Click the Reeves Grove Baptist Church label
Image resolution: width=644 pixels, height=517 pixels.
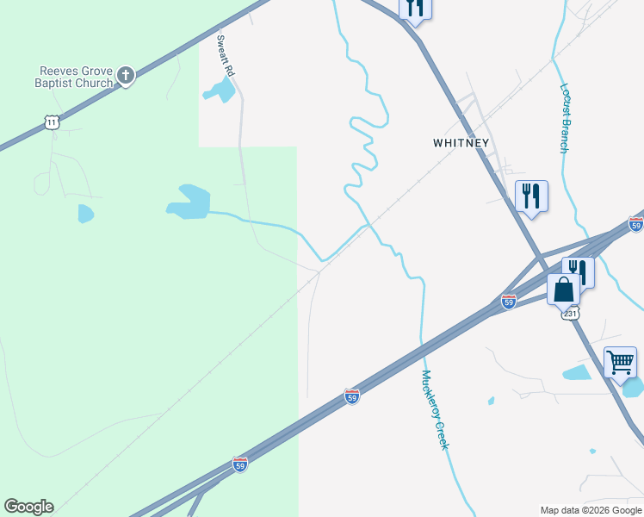pyautogui.click(x=77, y=77)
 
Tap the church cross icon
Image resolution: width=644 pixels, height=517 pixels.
pyautogui.click(x=126, y=76)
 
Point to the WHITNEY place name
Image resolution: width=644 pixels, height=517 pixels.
pyautogui.click(x=461, y=143)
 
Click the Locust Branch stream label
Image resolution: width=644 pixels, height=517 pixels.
pyautogui.click(x=565, y=118)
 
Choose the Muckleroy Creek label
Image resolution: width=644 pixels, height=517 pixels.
pyautogui.click(x=435, y=410)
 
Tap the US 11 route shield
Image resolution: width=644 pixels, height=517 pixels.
pyautogui.click(x=53, y=123)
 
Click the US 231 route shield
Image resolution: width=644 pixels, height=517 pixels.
pyautogui.click(x=571, y=314)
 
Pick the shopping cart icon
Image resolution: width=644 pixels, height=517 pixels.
pyautogui.click(x=620, y=363)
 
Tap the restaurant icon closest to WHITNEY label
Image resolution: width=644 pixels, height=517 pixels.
pyautogui.click(x=531, y=196)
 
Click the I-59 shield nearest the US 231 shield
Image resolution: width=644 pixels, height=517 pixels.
pyautogui.click(x=509, y=302)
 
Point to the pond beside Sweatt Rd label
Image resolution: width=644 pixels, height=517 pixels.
pyautogui.click(x=220, y=90)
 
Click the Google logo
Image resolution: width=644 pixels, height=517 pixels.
pyautogui.click(x=28, y=507)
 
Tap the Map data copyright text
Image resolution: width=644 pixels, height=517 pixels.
pyautogui.click(x=591, y=511)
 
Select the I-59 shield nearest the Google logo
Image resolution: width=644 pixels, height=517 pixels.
pyautogui.click(x=240, y=464)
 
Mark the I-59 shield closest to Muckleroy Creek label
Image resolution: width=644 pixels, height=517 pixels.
pyautogui.click(x=351, y=396)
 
